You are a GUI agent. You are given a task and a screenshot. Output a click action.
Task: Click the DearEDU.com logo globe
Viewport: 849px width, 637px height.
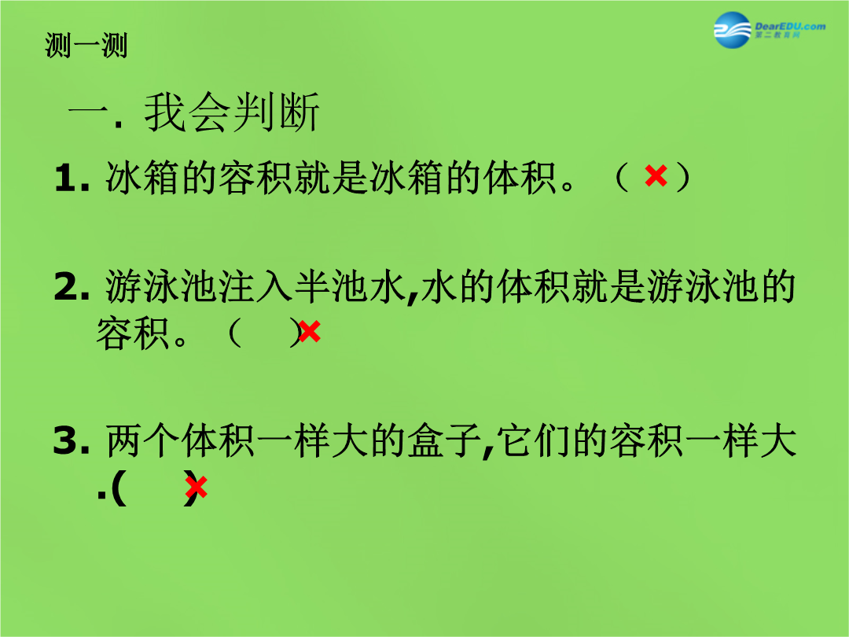733,30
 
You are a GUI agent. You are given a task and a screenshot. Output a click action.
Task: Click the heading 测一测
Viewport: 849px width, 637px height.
86,46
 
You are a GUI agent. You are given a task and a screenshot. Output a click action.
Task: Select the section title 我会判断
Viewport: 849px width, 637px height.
232,112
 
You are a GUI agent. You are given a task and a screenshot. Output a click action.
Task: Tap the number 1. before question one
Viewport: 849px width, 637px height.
72,178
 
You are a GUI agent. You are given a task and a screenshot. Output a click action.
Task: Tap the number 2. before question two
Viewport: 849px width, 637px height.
72,286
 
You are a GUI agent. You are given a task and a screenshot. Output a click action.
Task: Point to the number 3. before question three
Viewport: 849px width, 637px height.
72,440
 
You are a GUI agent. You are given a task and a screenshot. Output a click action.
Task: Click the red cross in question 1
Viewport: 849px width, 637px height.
656,176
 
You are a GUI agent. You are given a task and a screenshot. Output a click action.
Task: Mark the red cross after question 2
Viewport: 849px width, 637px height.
309,332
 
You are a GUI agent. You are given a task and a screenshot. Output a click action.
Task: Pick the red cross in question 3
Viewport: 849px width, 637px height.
196,487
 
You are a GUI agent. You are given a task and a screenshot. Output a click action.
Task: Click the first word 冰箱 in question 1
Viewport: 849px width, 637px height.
141,178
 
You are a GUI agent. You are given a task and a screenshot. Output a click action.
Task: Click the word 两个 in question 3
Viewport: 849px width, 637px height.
142,440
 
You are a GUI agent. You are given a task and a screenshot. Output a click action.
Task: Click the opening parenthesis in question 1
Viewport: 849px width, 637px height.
622,177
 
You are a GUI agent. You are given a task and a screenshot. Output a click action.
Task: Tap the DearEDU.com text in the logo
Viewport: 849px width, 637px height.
790,26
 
